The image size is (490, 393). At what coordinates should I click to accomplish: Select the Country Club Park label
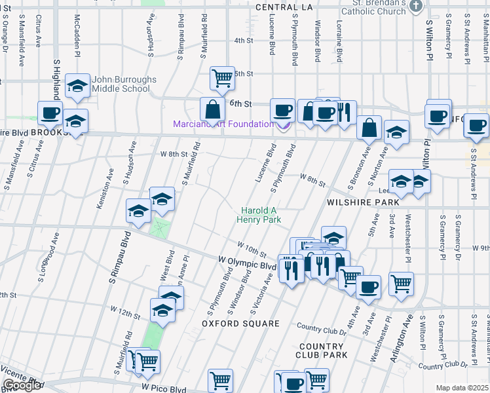click(322, 350)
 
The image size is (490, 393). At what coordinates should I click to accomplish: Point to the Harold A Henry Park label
click(261, 215)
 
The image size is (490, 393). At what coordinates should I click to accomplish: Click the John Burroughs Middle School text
click(124, 84)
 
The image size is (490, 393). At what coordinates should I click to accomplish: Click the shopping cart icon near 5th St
click(222, 79)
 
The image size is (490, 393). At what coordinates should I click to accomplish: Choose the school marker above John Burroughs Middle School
click(78, 86)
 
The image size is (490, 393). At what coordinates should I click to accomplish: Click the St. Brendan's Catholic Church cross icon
click(415, 6)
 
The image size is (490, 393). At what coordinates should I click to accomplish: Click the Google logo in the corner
click(22, 385)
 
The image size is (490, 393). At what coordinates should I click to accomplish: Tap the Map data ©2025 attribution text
click(462, 388)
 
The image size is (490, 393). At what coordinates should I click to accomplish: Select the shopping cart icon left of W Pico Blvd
click(147, 360)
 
